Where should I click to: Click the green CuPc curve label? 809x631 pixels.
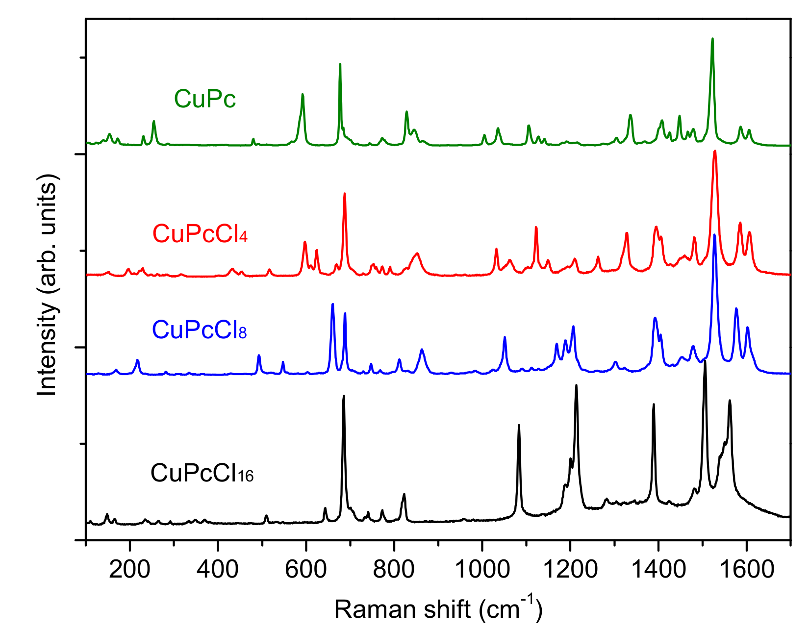pos(205,99)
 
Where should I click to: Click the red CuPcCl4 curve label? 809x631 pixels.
pos(200,234)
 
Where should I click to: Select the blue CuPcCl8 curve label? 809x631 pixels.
pos(199,330)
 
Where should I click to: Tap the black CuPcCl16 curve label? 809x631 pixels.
pos(202,474)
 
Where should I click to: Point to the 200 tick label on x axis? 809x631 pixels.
pos(129,569)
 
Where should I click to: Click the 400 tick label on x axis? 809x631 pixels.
pos(218,569)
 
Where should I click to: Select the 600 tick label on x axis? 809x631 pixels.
pos(306,569)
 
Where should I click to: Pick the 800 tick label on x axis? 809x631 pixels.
pos(394,569)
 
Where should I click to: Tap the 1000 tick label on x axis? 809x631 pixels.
pos(482,569)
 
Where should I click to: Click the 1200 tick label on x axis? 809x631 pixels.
pos(570,569)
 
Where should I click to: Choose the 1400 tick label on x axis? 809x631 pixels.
pos(658,569)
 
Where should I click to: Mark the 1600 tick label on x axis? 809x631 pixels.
pos(746,569)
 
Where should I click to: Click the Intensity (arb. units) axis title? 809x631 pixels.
pos(48,284)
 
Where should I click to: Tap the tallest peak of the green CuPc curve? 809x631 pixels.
pos(712,39)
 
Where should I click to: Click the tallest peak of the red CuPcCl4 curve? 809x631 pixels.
pos(715,151)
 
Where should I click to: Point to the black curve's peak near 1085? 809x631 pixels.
pos(519,426)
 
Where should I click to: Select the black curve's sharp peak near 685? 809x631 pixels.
pos(344,396)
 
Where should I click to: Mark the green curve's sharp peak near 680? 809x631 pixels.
pos(340,64)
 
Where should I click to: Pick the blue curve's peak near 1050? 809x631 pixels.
pos(505,337)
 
